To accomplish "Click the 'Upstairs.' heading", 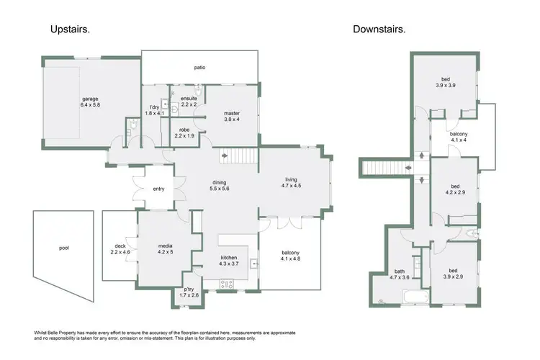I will click(x=70, y=30).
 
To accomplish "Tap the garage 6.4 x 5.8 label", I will click(x=89, y=102).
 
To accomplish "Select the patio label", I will click(x=199, y=68).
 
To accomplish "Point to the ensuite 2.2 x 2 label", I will click(x=189, y=101).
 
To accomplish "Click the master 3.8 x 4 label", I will click(x=231, y=117).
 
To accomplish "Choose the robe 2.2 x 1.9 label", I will click(x=184, y=132).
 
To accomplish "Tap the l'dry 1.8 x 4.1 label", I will click(x=155, y=109).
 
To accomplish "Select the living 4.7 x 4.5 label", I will click(x=291, y=183).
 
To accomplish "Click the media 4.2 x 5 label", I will click(x=166, y=249).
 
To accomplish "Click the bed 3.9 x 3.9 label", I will click(x=445, y=82).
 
